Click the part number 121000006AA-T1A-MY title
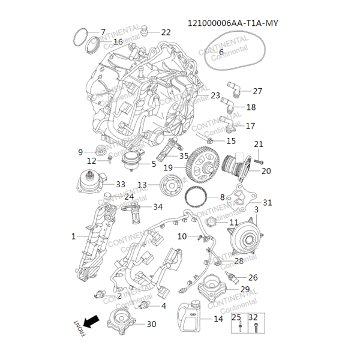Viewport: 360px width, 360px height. (x=233, y=23)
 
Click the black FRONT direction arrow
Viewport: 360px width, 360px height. (x=91, y=322)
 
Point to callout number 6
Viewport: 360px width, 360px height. (x=221, y=52)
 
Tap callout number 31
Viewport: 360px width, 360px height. (x=268, y=202)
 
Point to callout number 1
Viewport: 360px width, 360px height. (x=74, y=236)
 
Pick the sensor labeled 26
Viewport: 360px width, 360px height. (x=234, y=278)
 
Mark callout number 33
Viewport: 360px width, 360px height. (x=121, y=184)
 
